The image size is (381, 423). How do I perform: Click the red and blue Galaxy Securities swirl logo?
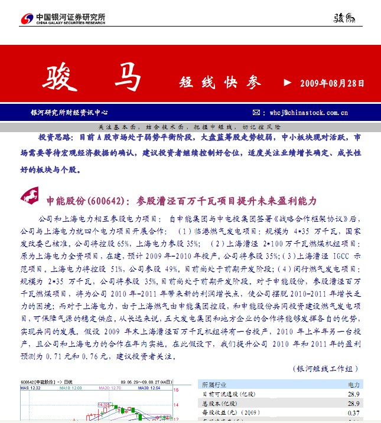click(27, 19)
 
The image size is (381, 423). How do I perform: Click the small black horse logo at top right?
click(345, 18)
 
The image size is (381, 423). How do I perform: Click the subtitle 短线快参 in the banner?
click(219, 83)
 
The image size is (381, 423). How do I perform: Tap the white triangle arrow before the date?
click(288, 83)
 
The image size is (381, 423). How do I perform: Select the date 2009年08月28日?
click(333, 83)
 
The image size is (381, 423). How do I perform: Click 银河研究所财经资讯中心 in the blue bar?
click(70, 112)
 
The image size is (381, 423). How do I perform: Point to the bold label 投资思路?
click(56, 137)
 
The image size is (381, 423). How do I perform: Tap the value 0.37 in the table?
click(353, 413)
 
